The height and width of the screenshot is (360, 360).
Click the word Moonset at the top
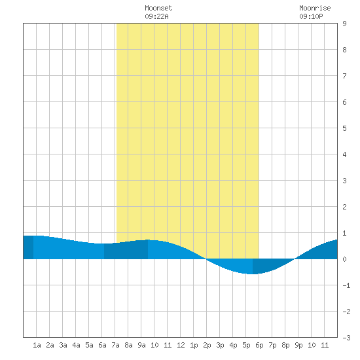coord(158,8)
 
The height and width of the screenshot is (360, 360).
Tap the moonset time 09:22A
coord(156,16)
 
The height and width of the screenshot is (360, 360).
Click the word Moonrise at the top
coord(315,8)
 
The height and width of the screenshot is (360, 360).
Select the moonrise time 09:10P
coord(311,16)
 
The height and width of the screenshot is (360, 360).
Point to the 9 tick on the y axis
coord(344,24)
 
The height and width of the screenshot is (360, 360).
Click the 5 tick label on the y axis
coord(344,128)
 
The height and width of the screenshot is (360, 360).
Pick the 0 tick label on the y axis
coord(344,259)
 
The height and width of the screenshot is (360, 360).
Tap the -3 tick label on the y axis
coord(346,338)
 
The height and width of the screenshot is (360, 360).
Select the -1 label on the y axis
coord(346,285)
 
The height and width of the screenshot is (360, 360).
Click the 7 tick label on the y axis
coord(344,76)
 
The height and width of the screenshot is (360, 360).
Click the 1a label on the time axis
coord(37,345)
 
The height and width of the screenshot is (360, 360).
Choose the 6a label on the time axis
coord(102,345)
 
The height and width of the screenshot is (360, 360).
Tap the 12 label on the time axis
coord(181,345)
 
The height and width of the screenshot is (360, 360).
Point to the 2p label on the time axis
coord(207,345)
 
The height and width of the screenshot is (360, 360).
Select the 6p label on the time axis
coord(259,345)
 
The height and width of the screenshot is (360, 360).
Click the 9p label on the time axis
coord(298,345)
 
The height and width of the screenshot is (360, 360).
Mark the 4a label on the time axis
coord(76,345)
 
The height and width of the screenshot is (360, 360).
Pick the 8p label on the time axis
coord(285,345)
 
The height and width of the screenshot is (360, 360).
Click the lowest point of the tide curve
coord(253,274)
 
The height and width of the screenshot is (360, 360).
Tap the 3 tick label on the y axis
coord(344,181)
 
